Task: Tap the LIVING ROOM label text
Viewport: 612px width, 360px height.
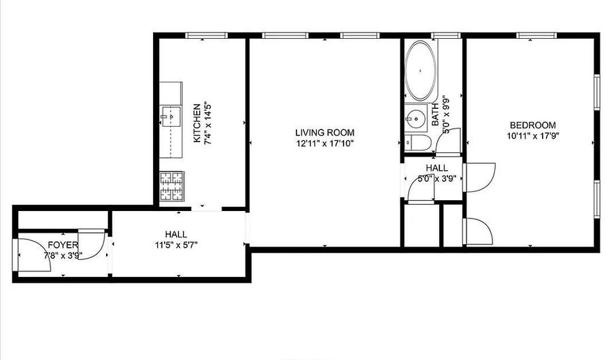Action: click(x=324, y=133)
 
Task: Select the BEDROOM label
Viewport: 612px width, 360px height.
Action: click(x=532, y=125)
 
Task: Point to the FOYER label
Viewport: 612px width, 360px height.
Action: click(x=63, y=245)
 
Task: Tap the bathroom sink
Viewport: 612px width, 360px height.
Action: click(x=413, y=118)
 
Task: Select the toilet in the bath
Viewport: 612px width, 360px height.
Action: click(x=417, y=143)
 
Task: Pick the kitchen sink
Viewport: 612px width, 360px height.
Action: click(x=170, y=117)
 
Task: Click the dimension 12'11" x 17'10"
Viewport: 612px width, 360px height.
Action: click(x=324, y=144)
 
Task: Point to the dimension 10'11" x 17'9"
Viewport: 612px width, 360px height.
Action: click(x=532, y=135)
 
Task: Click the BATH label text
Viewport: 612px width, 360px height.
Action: click(x=437, y=116)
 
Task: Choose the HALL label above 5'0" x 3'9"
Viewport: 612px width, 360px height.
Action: click(x=437, y=168)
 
